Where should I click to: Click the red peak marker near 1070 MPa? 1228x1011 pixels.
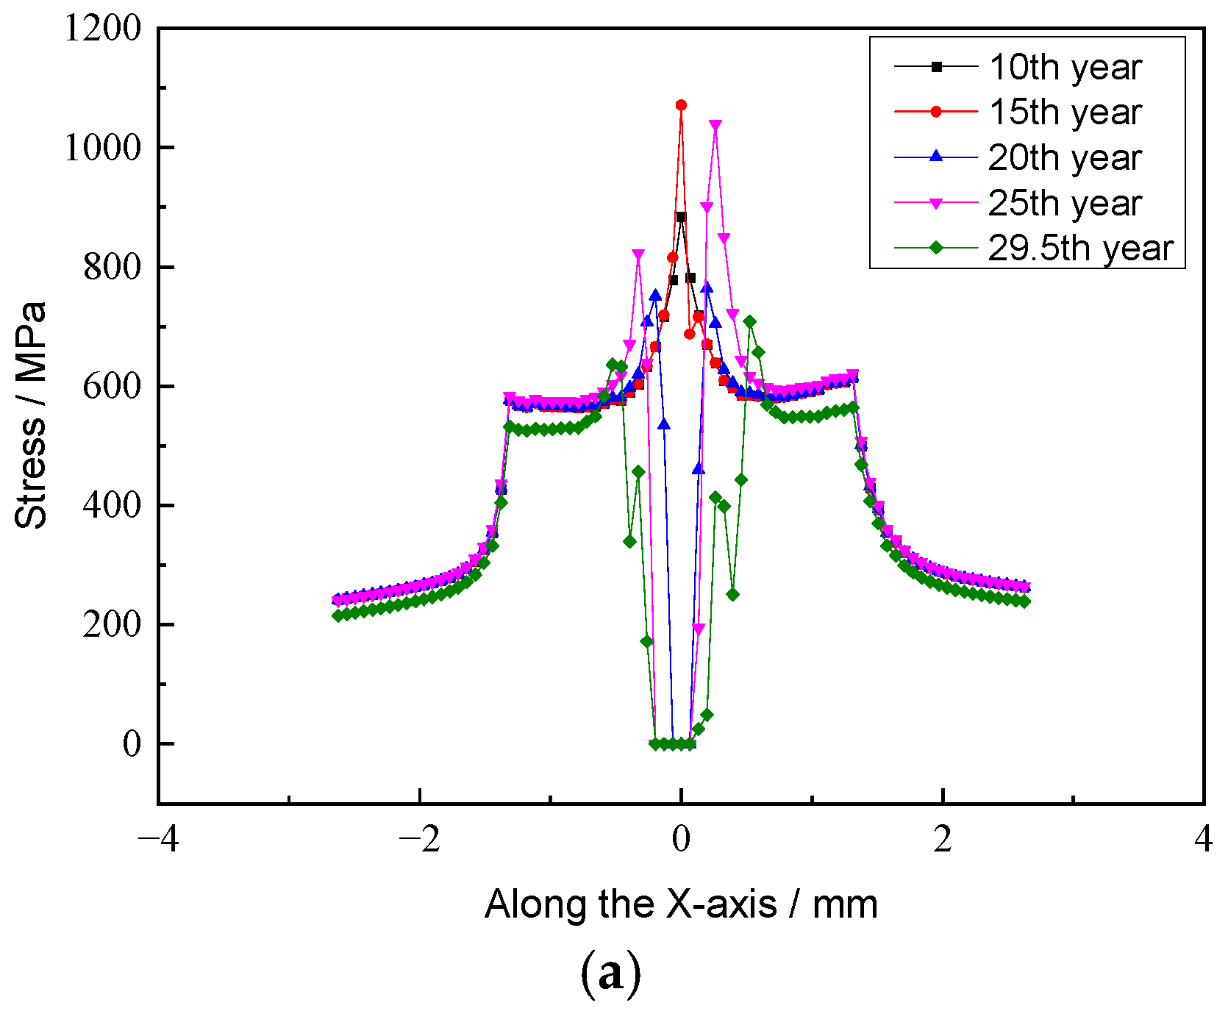click(681, 105)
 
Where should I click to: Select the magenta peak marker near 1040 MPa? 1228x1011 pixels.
click(715, 125)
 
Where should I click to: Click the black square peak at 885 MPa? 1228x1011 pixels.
click(681, 217)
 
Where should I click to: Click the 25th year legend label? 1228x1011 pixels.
click(1064, 204)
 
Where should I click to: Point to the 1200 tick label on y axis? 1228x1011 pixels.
click(102, 29)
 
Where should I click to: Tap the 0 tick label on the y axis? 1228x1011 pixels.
click(132, 744)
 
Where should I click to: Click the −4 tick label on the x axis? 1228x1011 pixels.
click(157, 839)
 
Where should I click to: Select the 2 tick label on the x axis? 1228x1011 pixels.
click(943, 839)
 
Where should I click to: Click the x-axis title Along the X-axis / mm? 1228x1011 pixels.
click(681, 904)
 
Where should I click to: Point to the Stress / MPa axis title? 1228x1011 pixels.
click(31, 415)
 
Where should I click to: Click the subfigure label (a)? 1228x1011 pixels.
click(611, 974)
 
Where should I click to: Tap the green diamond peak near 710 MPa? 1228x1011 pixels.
click(749, 321)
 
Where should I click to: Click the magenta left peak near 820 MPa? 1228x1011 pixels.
click(638, 254)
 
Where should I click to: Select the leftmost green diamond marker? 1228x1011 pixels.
click(338, 615)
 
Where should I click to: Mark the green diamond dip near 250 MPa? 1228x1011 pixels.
click(732, 594)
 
